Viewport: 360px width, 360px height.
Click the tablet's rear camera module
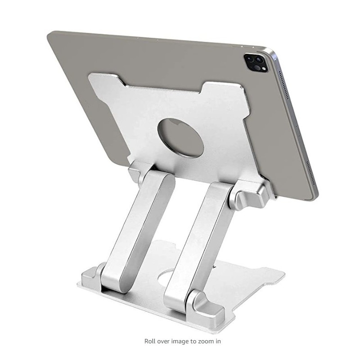pos(256,63)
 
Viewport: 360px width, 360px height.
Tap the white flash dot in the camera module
pos(264,68)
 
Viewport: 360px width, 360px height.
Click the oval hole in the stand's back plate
pos(181,138)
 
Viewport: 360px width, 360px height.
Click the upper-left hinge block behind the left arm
pos(138,173)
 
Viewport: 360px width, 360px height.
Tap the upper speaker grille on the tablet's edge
pos(284,85)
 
